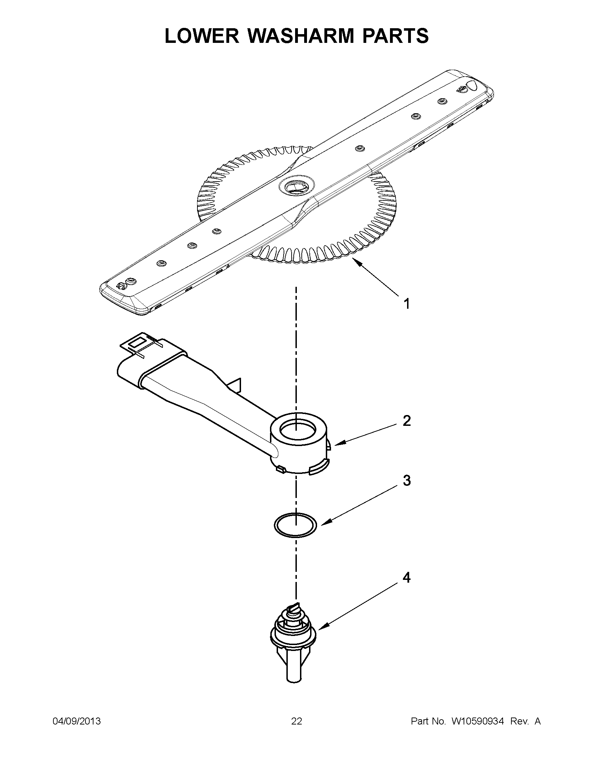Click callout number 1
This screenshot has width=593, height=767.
click(x=406, y=304)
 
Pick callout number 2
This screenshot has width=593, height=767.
click(x=406, y=421)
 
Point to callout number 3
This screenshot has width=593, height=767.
click(x=406, y=481)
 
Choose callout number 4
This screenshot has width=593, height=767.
click(x=406, y=577)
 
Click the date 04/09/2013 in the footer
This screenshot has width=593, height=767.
click(x=77, y=721)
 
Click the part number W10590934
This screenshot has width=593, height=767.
click(x=478, y=721)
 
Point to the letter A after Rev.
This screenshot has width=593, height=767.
click(x=538, y=721)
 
